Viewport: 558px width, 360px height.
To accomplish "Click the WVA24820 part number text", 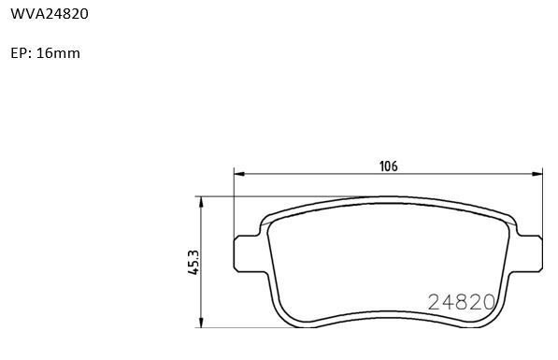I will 50,15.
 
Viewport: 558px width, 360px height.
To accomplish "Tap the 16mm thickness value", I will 58,53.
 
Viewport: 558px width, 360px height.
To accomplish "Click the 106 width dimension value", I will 388,166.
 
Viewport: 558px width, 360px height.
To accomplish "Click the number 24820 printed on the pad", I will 460,301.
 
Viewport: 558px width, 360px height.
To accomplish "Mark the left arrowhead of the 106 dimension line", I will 238,173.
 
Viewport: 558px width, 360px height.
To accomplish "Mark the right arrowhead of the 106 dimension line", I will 537,173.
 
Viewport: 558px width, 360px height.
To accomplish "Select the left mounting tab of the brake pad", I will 245,252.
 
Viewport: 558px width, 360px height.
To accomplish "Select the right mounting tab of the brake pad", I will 530,252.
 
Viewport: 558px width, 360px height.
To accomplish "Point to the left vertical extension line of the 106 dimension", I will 233,201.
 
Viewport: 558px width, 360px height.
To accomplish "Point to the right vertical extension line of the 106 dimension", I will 543,201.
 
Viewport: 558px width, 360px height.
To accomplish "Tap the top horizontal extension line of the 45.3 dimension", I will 280,197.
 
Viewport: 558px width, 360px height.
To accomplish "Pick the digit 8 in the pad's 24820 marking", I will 460,301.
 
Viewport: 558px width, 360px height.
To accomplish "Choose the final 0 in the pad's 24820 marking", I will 487,301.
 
